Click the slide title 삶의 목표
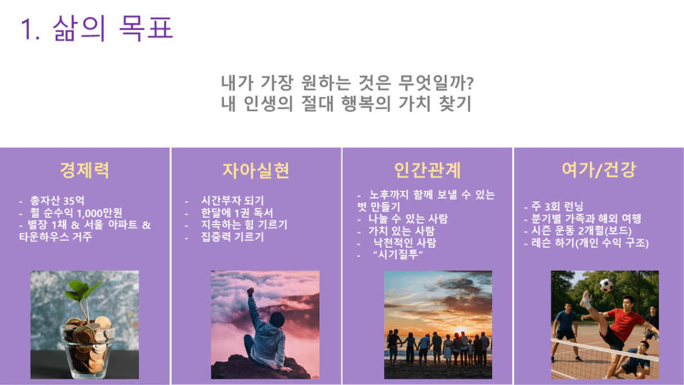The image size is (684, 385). [x=113, y=28]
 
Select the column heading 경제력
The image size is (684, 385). [x=84, y=170]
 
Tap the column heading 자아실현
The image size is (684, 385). [x=256, y=170]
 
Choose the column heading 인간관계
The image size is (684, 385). [x=427, y=170]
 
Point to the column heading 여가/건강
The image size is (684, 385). [x=599, y=170]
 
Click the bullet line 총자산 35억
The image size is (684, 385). [x=57, y=201]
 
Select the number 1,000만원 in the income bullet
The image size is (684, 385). [x=99, y=213]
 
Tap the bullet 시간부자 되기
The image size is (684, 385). [x=232, y=200]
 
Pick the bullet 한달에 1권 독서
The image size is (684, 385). [x=237, y=213]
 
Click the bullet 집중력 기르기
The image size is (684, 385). [x=232, y=237]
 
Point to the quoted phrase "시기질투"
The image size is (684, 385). [x=398, y=254]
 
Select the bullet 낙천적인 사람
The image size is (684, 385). [x=405, y=243]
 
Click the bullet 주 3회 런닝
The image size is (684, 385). [x=557, y=206]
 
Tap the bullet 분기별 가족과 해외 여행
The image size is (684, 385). [x=586, y=218]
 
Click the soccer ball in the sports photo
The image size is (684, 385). [x=606, y=285]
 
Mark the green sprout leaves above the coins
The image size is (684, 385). [x=83, y=289]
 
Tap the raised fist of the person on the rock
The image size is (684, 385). [x=251, y=291]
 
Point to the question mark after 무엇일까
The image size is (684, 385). [x=470, y=83]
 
